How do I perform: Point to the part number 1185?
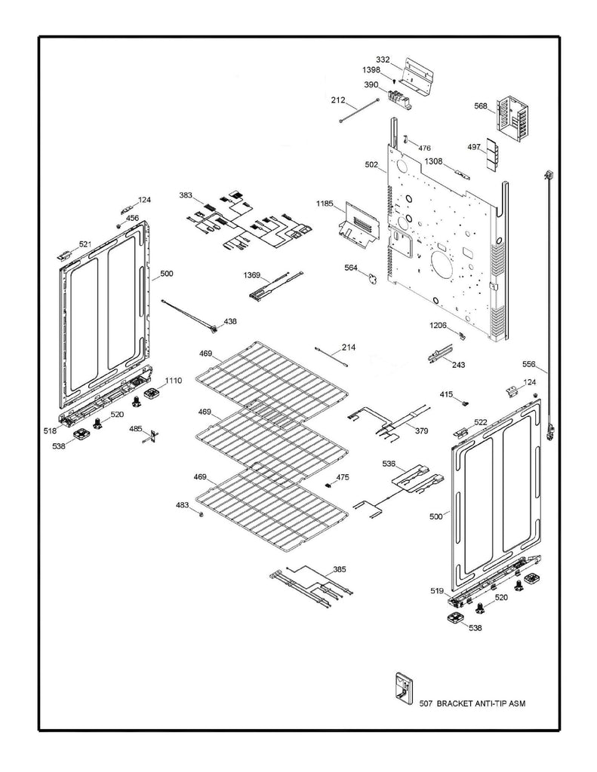(325, 204)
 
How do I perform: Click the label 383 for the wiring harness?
(186, 195)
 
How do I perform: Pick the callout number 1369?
(252, 276)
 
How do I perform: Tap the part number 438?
(229, 321)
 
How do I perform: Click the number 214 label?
(348, 348)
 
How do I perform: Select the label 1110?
(174, 380)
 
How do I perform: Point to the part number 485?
(135, 429)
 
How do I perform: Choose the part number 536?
(389, 463)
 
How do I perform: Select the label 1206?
(439, 325)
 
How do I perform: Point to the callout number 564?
(351, 268)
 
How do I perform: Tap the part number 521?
(85, 244)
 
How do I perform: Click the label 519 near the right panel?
(437, 592)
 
